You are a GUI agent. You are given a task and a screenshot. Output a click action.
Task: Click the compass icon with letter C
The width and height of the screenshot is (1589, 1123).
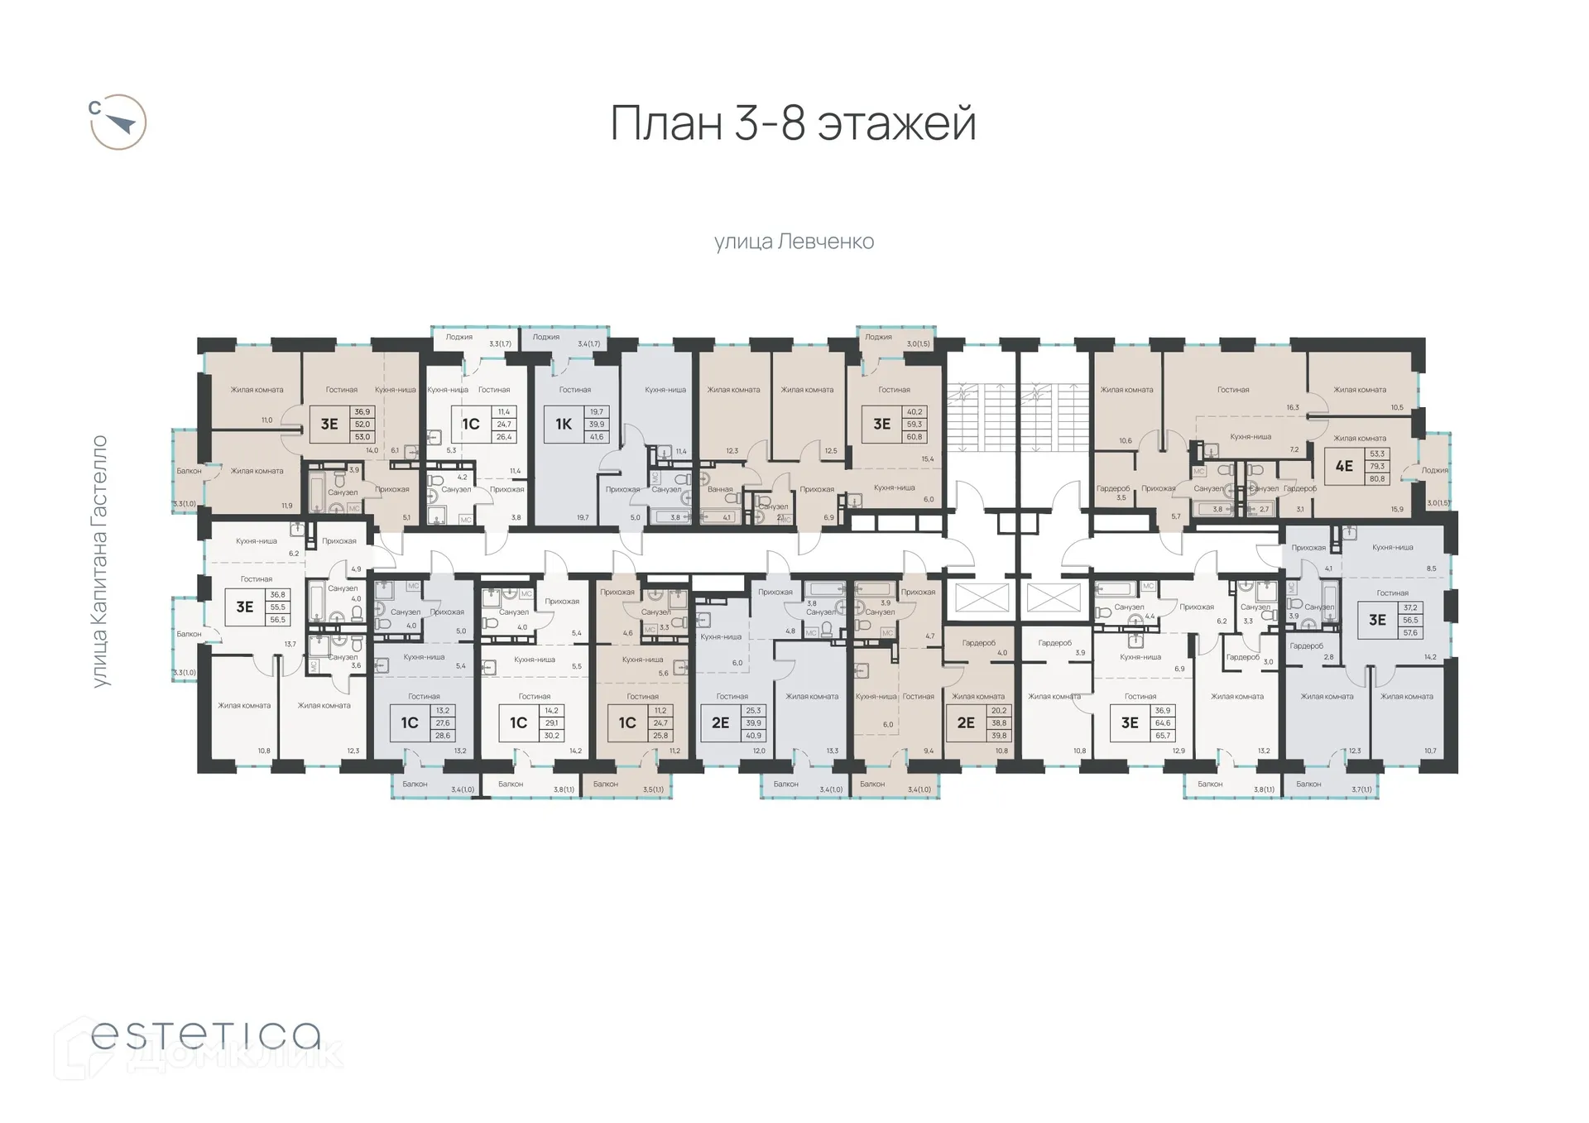tap(118, 122)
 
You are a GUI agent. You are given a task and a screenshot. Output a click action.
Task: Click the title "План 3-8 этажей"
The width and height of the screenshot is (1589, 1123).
tap(793, 124)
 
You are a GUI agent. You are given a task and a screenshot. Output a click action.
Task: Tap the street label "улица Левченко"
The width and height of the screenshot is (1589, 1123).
tap(794, 242)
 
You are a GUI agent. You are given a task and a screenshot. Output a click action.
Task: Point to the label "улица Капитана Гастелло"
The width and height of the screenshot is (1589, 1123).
tap(100, 561)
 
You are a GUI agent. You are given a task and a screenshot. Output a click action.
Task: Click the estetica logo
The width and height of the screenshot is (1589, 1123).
tap(205, 1035)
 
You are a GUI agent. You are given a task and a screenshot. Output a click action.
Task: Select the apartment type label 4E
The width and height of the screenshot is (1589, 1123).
tap(1344, 466)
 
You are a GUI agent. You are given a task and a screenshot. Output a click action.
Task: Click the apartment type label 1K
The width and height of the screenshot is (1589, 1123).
tap(564, 425)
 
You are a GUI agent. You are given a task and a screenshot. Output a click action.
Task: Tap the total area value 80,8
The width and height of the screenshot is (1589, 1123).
tap(1376, 478)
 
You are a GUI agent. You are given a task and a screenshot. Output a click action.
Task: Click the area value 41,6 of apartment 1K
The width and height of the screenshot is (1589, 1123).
tap(596, 437)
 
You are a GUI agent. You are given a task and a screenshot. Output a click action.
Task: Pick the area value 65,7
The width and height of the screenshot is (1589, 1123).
tap(1163, 736)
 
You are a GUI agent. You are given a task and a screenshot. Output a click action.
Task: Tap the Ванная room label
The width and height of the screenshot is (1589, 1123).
tap(720, 489)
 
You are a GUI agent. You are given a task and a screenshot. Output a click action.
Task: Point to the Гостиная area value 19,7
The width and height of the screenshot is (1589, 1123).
tap(583, 518)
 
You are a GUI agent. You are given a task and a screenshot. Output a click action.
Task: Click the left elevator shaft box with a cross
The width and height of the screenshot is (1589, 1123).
tap(982, 597)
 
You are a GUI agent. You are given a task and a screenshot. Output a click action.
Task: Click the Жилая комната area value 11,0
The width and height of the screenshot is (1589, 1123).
tap(266, 420)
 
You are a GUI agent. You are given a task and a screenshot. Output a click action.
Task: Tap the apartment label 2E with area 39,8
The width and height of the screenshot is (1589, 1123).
tap(966, 722)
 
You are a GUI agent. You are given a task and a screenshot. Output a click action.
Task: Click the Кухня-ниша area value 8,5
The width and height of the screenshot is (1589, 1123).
tap(1431, 569)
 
